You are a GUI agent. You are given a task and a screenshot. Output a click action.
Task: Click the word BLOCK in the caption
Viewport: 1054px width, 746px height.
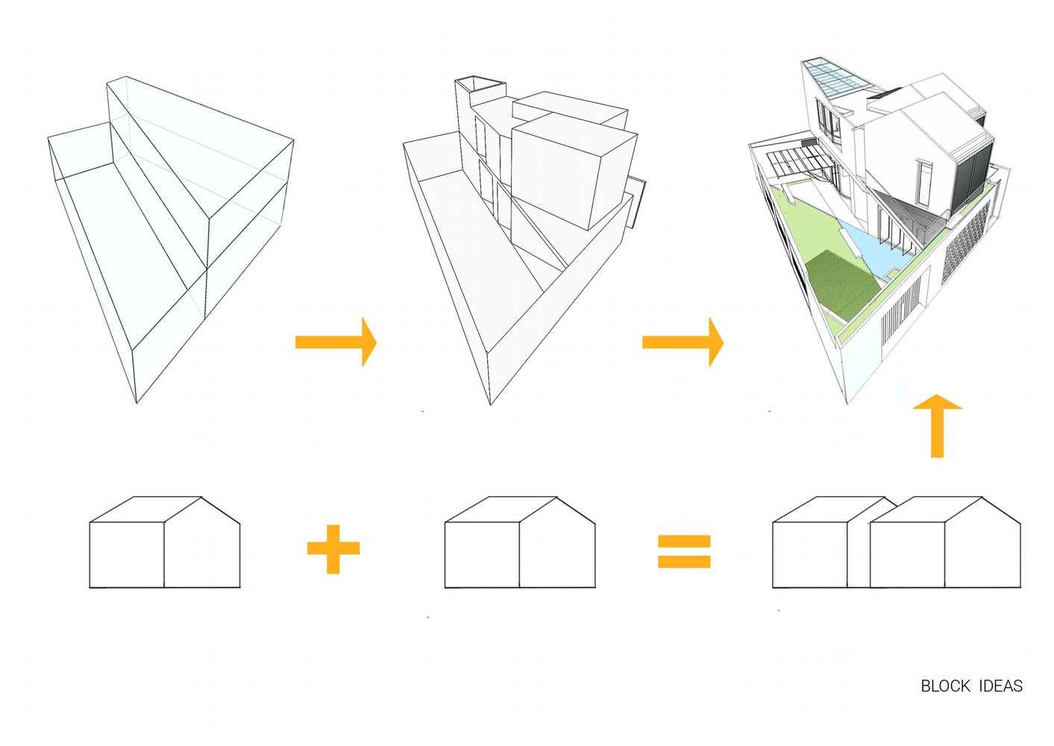click(945, 686)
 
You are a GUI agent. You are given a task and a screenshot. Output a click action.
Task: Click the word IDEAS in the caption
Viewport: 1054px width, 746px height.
click(1000, 686)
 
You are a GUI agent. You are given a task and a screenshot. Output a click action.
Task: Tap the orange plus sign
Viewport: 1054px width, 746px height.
click(333, 549)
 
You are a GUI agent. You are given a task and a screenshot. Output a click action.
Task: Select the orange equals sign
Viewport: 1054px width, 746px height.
click(684, 551)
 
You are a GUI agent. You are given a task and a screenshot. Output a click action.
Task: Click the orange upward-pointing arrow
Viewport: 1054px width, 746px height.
click(937, 426)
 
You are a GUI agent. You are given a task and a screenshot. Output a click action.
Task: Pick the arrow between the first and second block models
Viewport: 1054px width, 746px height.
click(336, 342)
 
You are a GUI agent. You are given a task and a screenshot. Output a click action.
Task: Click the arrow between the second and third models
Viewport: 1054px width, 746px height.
click(683, 342)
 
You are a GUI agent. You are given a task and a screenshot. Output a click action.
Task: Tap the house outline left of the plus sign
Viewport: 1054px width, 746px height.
click(165, 542)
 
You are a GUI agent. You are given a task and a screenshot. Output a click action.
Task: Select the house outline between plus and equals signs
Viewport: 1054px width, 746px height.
click(520, 542)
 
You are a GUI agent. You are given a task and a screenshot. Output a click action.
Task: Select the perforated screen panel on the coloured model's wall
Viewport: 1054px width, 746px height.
click(964, 242)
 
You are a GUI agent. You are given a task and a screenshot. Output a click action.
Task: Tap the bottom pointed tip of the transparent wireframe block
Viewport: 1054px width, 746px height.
click(137, 403)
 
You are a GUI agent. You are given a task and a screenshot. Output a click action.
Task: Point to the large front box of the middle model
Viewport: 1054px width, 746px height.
click(574, 174)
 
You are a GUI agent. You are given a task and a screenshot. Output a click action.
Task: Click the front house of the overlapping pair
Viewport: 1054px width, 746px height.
click(945, 542)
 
